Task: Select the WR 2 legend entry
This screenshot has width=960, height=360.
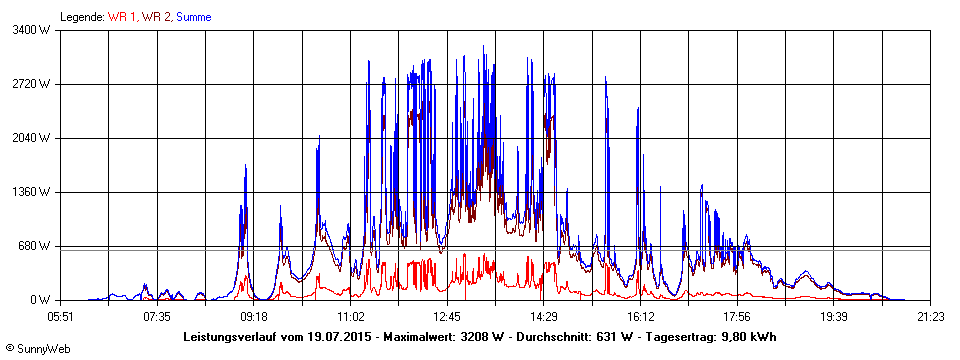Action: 156,17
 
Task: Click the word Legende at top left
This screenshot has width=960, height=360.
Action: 81,17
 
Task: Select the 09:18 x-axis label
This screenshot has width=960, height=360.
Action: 254,317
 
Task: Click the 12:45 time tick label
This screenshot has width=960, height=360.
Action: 447,317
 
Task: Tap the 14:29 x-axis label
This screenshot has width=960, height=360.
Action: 544,317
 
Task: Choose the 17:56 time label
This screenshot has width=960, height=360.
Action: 737,317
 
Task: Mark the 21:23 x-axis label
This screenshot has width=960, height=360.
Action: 930,317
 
